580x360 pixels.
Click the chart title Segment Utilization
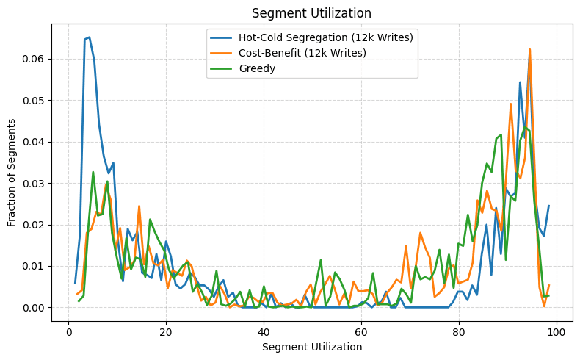pos(311,13)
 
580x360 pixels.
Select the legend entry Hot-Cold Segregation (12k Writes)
pos(326,37)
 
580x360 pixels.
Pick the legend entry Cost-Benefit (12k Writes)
pos(302,53)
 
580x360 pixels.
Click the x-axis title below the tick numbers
pos(311,346)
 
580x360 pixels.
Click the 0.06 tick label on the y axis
pos(33,59)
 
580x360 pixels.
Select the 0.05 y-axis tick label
pos(33,100)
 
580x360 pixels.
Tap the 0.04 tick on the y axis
pos(33,142)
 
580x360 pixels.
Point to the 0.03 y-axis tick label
pos(33,183)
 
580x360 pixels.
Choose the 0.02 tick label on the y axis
pos(33,225)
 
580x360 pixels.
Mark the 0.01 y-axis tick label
pos(33,266)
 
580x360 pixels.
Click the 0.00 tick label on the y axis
pos(33,308)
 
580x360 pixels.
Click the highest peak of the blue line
pos(89,37)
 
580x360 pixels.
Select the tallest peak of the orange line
pos(529,49)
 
